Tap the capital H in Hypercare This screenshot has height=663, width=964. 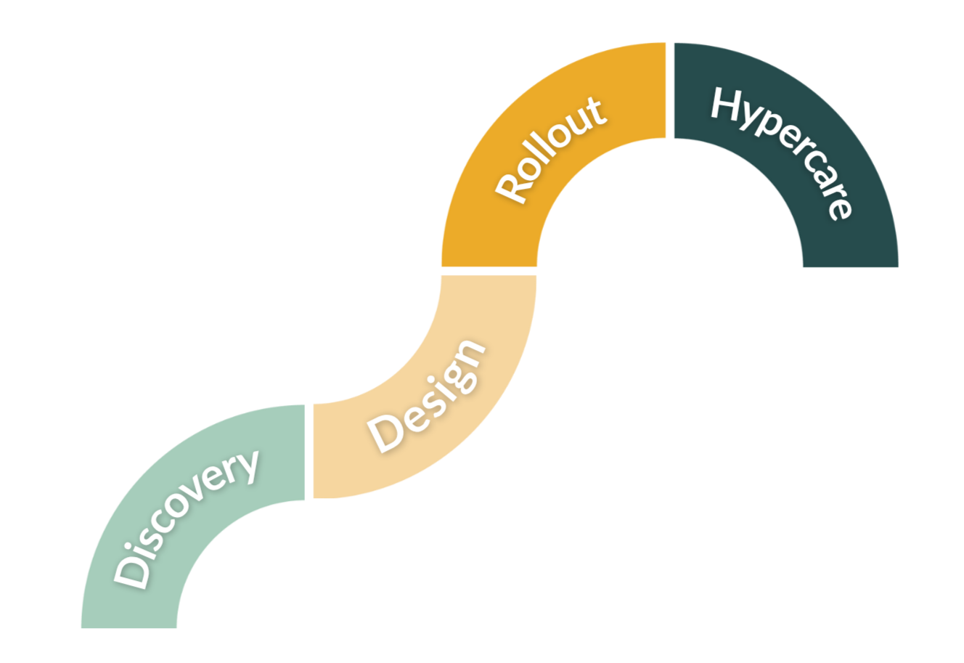point(727,104)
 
